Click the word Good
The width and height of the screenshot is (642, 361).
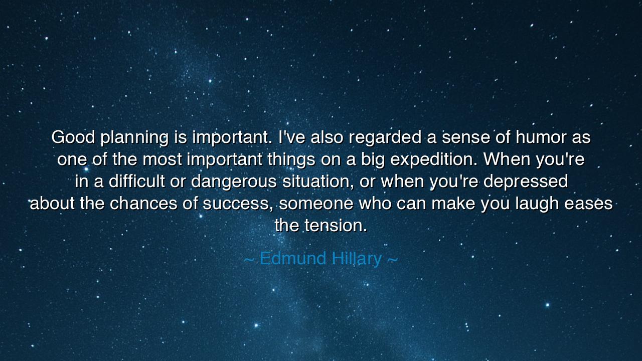pyautogui.click(x=73, y=137)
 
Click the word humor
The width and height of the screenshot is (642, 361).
pyautogui.click(x=541, y=137)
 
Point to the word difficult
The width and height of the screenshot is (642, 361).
pyautogui.click(x=136, y=181)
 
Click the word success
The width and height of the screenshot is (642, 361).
pyautogui.click(x=238, y=205)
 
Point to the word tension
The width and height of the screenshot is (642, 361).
pyautogui.click(x=335, y=225)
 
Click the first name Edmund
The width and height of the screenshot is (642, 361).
pyautogui.click(x=292, y=258)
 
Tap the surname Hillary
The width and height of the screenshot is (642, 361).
pyautogui.click(x=357, y=260)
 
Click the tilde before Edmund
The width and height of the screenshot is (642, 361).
pyautogui.click(x=249, y=260)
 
